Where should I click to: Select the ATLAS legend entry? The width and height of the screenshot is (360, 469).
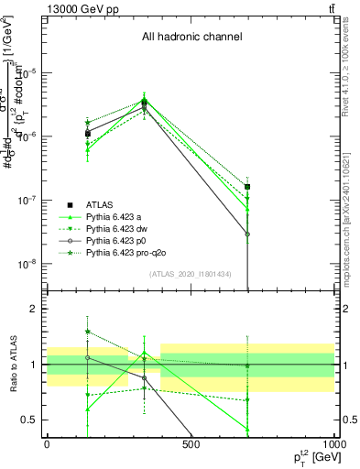99,203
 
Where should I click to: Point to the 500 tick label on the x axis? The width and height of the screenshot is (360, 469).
191,445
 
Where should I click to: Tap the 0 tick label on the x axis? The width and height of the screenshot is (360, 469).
47,445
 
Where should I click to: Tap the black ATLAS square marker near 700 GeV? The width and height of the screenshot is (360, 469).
247,187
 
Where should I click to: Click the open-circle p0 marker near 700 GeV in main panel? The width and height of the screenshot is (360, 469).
247,234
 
